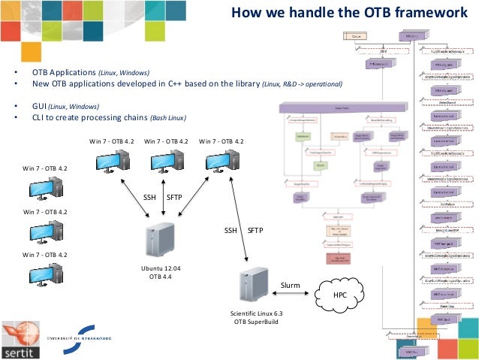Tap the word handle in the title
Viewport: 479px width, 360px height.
[294, 13]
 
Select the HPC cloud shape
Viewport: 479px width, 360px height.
[342, 295]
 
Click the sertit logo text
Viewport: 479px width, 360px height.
[17, 350]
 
